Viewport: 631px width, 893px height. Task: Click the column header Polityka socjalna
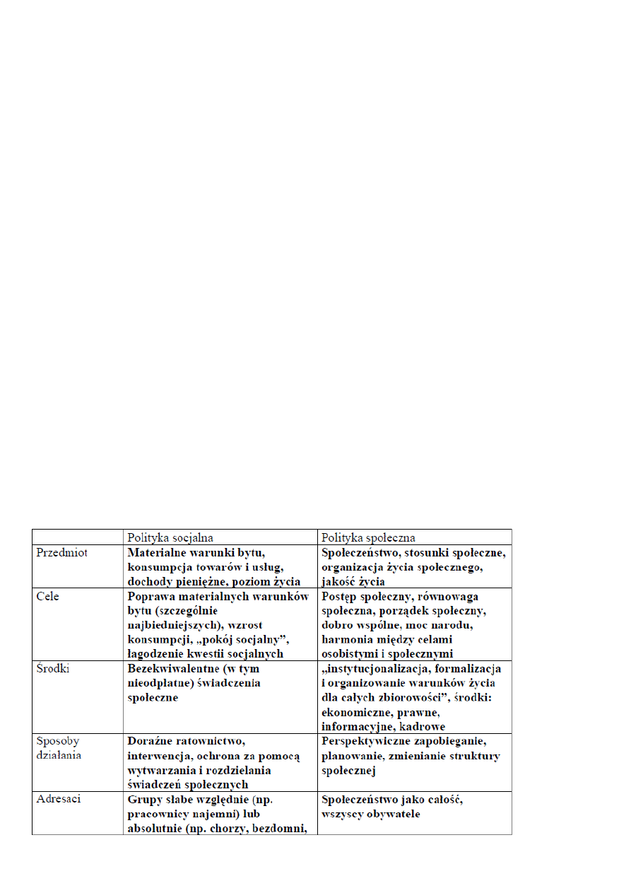click(x=170, y=537)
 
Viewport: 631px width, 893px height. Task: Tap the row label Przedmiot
click(x=62, y=553)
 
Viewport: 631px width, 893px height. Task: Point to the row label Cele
click(x=48, y=597)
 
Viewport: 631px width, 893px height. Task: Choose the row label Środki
click(x=52, y=669)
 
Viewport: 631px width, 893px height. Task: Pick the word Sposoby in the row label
click(x=58, y=742)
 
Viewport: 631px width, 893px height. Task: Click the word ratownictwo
click(x=210, y=742)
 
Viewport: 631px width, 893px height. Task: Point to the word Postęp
click(x=341, y=597)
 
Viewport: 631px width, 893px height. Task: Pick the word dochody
click(x=151, y=582)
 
